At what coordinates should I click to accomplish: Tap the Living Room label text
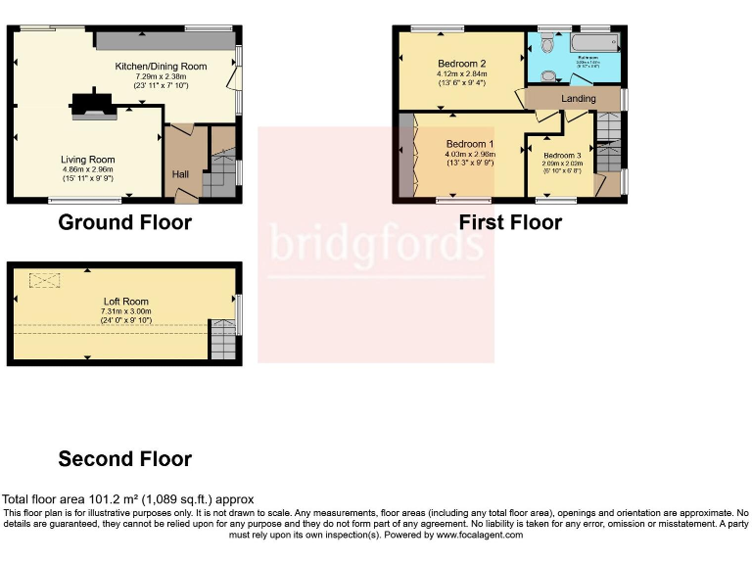tap(88, 160)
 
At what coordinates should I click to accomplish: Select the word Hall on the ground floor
tap(181, 174)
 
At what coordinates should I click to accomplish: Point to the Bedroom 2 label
tap(461, 63)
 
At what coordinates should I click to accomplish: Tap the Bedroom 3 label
tap(562, 156)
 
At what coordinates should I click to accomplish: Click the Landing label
tap(578, 99)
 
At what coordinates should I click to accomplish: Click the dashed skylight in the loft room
tap(44, 281)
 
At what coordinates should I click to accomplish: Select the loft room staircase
tap(224, 339)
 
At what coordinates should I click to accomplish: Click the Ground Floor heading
tap(124, 222)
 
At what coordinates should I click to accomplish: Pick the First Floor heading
tap(510, 222)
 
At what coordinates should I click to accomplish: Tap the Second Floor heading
tap(124, 458)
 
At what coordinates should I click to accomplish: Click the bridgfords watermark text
tap(376, 245)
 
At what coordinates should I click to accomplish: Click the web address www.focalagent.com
tap(470, 536)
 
